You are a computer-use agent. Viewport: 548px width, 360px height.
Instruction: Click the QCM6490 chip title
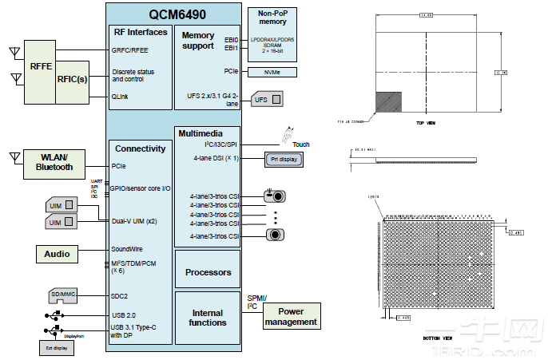coord(173,13)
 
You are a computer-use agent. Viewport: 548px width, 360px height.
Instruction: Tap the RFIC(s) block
coord(72,81)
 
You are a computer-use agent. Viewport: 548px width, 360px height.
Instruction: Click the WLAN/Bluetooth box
coord(54,162)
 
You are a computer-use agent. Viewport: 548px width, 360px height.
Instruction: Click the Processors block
coord(208,272)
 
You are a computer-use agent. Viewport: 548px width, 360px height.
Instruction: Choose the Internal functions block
coord(208,318)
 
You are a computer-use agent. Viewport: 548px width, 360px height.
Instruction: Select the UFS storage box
coord(268,100)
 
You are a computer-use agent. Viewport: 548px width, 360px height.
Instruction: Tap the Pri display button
coord(286,160)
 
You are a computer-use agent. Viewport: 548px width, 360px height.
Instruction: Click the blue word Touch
coord(300,144)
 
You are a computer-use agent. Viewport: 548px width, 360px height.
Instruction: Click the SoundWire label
coord(127,248)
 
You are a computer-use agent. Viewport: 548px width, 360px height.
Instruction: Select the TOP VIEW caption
coord(425,123)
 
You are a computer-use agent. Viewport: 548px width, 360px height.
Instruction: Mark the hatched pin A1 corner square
coord(389,101)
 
